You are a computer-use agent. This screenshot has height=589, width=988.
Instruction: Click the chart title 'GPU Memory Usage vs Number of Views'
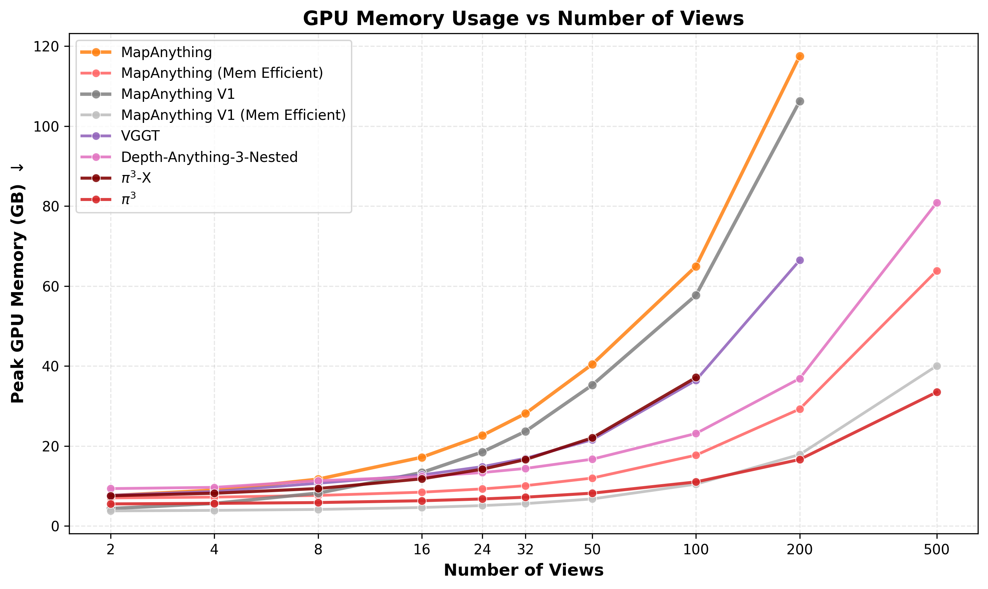point(523,19)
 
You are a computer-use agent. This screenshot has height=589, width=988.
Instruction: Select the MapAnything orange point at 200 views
point(800,56)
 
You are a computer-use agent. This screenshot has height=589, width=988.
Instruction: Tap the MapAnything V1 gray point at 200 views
point(800,101)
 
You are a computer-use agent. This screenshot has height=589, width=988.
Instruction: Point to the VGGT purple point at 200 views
point(800,260)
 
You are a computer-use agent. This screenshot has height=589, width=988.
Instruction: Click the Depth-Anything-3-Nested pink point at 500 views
point(937,203)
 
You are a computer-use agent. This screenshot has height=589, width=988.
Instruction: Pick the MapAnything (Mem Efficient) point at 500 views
point(937,271)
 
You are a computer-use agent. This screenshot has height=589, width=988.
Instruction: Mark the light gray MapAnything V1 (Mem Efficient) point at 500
point(937,366)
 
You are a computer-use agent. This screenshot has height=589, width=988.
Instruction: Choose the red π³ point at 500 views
point(937,392)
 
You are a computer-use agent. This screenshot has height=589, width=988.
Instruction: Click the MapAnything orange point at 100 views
point(696,266)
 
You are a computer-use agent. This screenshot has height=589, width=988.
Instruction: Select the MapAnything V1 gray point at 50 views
point(592,385)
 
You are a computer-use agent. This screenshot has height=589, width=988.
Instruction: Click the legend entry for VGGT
point(140,136)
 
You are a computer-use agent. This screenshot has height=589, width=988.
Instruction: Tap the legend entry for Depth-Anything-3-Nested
point(209,157)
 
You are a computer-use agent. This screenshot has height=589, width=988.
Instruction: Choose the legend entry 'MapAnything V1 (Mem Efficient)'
point(233,115)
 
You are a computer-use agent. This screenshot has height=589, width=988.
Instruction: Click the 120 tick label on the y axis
point(47,47)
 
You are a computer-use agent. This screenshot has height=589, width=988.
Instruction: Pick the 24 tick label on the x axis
point(482,550)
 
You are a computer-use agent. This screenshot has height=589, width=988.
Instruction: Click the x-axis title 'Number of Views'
point(523,570)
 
